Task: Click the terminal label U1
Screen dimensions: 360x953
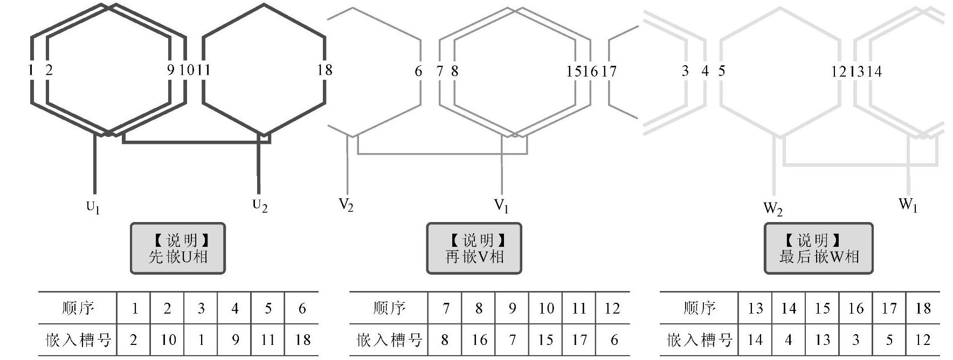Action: (x=93, y=207)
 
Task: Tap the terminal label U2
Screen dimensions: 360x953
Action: (x=260, y=206)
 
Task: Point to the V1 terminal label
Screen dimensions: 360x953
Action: (x=501, y=206)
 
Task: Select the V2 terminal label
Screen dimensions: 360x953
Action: (x=346, y=205)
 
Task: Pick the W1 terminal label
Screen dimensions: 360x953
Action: (x=908, y=205)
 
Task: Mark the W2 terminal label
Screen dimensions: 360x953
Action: (x=772, y=209)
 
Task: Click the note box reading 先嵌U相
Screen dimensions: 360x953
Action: (x=178, y=248)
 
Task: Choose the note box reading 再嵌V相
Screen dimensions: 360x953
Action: (x=474, y=248)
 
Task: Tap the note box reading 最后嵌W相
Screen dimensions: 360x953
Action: (x=818, y=248)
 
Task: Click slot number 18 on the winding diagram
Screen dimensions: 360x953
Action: (x=324, y=70)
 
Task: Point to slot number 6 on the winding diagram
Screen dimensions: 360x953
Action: (x=418, y=71)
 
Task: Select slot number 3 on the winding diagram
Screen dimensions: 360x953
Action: (x=685, y=71)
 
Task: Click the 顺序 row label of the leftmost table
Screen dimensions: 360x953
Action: (x=78, y=308)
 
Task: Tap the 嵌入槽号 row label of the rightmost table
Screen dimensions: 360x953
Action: (x=700, y=340)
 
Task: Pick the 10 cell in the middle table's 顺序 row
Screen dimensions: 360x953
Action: (x=545, y=308)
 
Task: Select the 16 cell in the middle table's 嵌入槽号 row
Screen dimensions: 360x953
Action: (x=479, y=340)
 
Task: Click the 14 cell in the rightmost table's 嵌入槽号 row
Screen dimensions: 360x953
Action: (x=755, y=340)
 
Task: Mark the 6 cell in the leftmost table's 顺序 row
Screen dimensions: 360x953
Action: (x=302, y=308)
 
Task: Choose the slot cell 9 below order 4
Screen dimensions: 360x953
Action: (x=235, y=340)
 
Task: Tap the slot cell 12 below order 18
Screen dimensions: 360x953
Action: (x=923, y=340)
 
